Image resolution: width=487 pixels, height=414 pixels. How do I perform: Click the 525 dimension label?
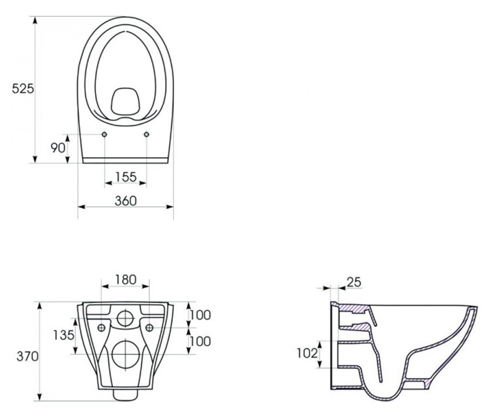[x=23, y=89]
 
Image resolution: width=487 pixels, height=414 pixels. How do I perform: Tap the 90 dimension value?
[x=58, y=148]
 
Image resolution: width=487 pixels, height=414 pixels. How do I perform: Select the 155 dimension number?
[x=126, y=177]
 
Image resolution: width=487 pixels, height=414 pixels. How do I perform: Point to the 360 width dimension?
[x=125, y=201]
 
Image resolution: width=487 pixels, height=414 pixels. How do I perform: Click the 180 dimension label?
[x=125, y=280]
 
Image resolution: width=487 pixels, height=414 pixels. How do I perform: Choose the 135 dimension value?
[x=64, y=335]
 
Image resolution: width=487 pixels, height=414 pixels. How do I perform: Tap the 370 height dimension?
[x=28, y=357]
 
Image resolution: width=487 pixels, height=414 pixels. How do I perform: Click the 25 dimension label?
[x=354, y=282]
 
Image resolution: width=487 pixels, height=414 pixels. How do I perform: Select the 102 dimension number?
[x=307, y=353]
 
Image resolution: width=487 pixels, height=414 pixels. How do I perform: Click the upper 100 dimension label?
[x=200, y=315]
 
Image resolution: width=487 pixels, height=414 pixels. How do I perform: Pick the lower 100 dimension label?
[x=200, y=342]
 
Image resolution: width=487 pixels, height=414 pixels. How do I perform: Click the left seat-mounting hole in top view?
[x=104, y=134]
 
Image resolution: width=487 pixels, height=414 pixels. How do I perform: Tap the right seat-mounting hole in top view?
[x=146, y=134]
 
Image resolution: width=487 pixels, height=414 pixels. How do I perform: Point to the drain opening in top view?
[x=125, y=101]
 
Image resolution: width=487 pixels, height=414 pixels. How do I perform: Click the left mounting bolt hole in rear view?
[x=101, y=328]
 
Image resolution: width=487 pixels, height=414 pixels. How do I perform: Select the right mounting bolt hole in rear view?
[x=149, y=328]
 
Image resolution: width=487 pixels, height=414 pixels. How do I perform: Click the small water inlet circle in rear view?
[x=125, y=318]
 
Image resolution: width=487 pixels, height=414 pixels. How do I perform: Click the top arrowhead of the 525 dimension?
[x=35, y=20]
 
